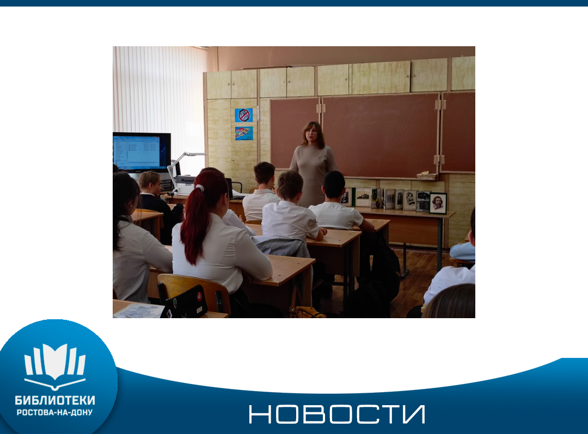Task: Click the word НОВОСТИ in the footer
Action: (x=337, y=414)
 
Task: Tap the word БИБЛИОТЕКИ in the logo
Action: (x=55, y=400)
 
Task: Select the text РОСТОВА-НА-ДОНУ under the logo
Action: (x=55, y=412)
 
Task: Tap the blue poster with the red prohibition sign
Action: (x=244, y=115)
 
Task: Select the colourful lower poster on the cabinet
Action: (x=244, y=133)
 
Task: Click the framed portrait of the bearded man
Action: (x=438, y=203)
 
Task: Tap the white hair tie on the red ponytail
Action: (x=200, y=188)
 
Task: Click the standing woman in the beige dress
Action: (x=313, y=163)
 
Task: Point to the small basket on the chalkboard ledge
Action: (x=427, y=176)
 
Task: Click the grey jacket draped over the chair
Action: (x=284, y=247)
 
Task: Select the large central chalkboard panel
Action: (x=380, y=135)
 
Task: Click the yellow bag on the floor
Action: (x=308, y=312)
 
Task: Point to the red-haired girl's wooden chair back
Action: (x=193, y=293)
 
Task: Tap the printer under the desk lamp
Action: (x=186, y=184)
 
